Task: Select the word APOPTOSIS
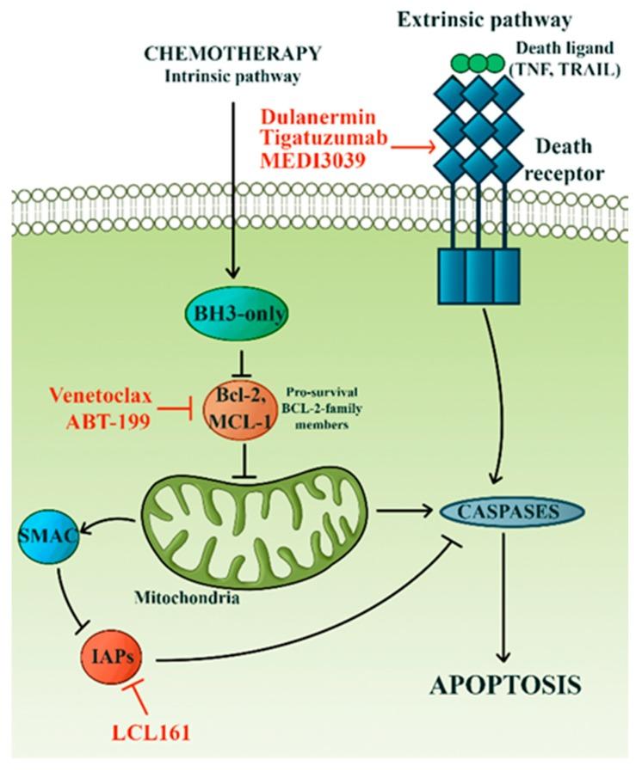501,685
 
